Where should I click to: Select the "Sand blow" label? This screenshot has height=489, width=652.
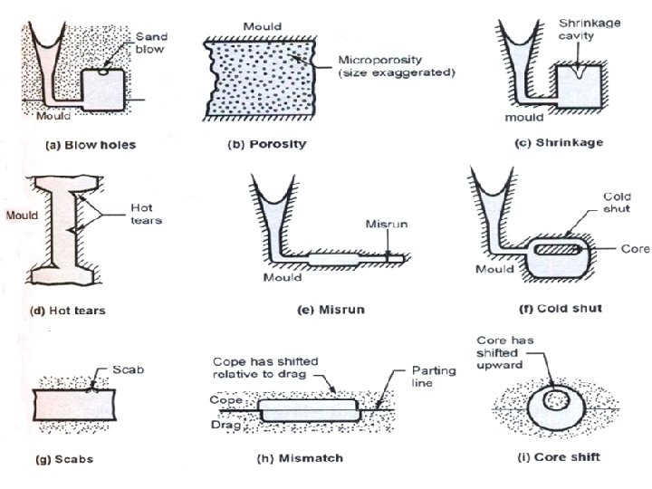150,43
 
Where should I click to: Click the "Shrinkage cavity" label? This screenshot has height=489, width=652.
589,28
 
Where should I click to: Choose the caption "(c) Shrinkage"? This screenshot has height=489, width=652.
558,143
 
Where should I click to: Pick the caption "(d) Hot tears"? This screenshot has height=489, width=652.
68,311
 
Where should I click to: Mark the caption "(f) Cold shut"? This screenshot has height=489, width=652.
561,309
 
